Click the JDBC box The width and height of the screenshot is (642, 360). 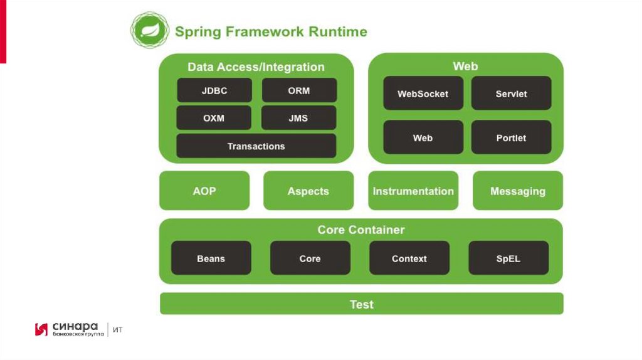point(214,90)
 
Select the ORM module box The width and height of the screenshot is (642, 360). point(299,90)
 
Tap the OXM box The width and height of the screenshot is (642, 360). point(214,118)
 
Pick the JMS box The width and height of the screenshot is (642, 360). point(298,118)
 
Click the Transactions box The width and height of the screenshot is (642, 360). point(256,146)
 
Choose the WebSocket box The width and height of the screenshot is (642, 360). point(423,93)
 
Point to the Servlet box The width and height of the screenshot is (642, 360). point(511,93)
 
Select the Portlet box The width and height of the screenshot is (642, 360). point(511,137)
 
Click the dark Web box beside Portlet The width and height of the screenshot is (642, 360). point(423,137)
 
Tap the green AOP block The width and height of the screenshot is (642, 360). point(204,191)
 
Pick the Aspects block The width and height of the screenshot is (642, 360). point(308,191)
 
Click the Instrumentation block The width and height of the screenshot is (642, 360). point(413,191)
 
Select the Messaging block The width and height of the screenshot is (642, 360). point(518,191)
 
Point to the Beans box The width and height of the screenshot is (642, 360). point(211,258)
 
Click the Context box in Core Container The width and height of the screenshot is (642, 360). point(409,258)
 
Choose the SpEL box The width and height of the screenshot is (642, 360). point(508,258)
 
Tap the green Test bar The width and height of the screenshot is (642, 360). point(362,304)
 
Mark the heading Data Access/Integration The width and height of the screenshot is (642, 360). point(256,67)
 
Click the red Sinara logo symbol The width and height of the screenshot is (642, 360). point(41,329)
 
